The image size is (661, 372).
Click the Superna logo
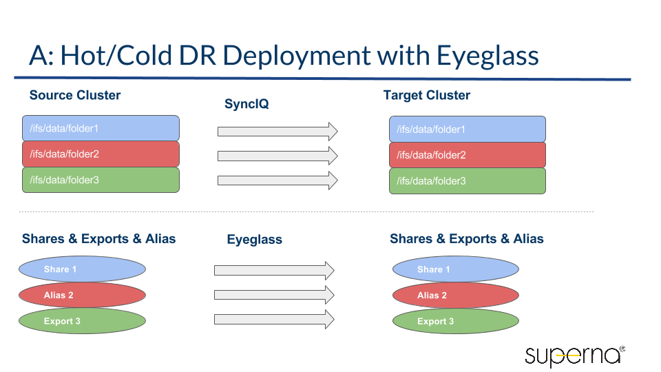(574, 355)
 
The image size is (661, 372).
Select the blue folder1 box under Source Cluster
(101, 128)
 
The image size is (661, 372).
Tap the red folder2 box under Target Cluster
(467, 155)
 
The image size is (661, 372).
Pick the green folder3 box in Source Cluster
(101, 180)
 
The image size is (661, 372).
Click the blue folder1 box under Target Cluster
(467, 130)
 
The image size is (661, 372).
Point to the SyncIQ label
(246, 105)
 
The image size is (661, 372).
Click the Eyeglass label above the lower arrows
(254, 240)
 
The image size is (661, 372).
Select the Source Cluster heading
(75, 95)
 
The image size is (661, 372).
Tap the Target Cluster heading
(426, 95)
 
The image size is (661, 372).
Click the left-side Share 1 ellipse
(82, 269)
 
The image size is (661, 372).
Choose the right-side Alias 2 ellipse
(455, 296)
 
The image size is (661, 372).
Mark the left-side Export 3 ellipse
(82, 321)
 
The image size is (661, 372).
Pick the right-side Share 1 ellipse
(455, 269)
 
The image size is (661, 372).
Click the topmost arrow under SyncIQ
(277, 131)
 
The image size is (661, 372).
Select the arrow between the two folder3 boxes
(277, 180)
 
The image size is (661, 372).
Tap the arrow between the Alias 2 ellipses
(273, 295)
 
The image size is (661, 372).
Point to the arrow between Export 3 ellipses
(273, 320)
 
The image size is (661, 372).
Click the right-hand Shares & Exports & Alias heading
(466, 239)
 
